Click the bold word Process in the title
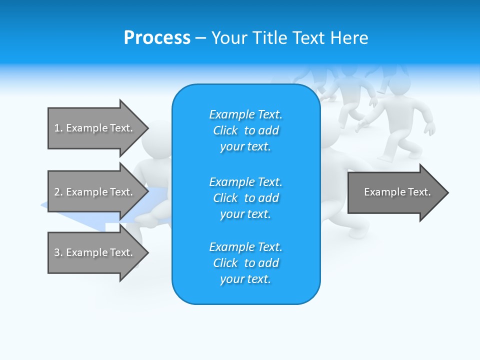(157, 38)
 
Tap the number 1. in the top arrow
(58, 128)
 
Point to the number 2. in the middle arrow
(58, 192)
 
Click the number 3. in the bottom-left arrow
(58, 252)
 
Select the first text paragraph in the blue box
(245, 130)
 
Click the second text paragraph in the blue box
(245, 198)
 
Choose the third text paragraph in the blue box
(245, 263)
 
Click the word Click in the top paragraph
(225, 130)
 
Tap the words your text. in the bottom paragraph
(245, 279)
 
